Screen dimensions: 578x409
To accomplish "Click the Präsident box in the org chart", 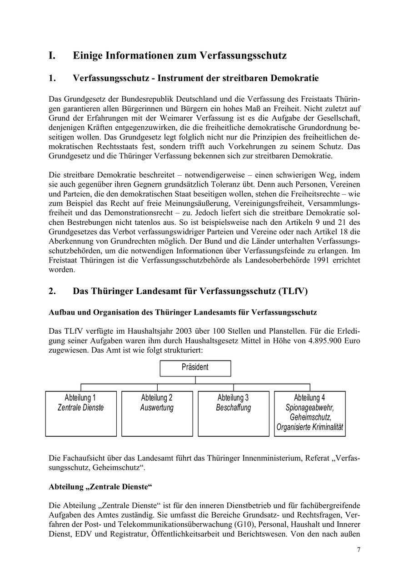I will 195,367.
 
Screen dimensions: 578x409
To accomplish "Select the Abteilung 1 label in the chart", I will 80,398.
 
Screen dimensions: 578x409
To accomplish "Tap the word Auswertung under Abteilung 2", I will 157,408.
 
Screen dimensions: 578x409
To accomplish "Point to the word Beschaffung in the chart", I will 233,408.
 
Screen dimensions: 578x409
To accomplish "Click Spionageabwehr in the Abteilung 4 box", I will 309,408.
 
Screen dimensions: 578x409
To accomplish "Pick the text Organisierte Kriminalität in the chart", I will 309,427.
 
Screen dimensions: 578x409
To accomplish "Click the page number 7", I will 359,550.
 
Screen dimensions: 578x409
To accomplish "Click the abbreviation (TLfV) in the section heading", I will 291,291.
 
